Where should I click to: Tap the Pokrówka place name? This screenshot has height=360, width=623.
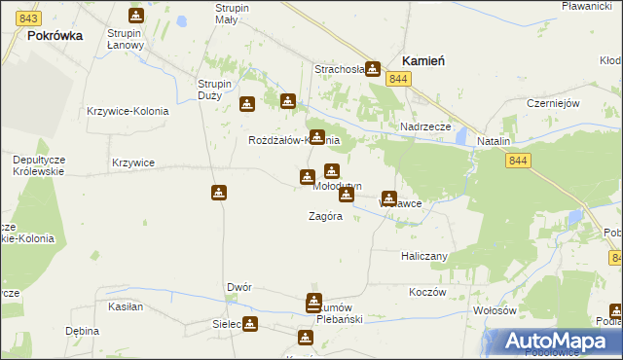[x=55, y=34]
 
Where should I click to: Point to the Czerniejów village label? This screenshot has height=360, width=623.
[x=552, y=103]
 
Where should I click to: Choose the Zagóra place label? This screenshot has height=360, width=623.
[x=325, y=216]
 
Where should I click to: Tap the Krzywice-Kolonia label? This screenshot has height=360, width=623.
[x=128, y=111]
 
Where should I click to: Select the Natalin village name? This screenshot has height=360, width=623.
[x=494, y=142]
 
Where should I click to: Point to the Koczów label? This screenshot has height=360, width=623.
[x=427, y=292]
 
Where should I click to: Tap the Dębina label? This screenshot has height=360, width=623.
[x=83, y=331]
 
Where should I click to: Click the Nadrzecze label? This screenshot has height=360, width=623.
[x=424, y=127]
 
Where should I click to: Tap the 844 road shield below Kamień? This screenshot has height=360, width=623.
[x=396, y=78]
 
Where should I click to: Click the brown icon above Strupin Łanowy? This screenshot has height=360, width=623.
[x=135, y=16]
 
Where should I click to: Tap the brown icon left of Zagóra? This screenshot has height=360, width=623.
[x=220, y=193]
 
